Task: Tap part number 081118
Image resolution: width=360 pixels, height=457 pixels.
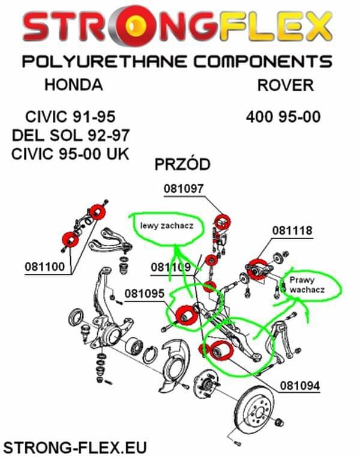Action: (292, 230)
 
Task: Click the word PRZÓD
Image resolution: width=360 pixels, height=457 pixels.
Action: (182, 165)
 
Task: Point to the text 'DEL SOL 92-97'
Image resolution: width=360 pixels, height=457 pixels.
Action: (70, 133)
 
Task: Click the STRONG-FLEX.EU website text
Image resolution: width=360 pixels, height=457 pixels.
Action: (75, 447)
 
